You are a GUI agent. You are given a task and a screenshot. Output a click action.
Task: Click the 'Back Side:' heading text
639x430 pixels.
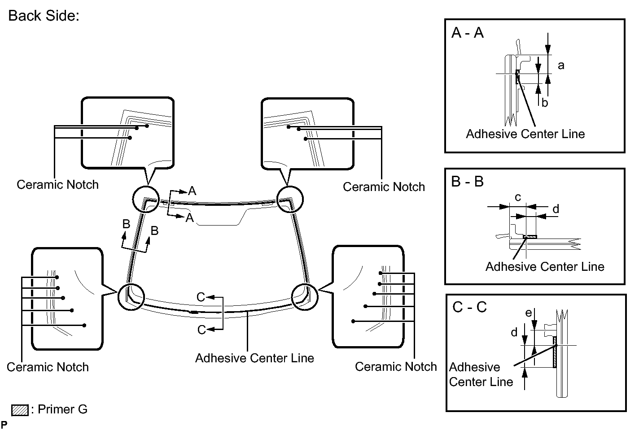[x=44, y=16]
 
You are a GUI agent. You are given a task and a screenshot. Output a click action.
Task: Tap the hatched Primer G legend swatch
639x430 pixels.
[x=20, y=410]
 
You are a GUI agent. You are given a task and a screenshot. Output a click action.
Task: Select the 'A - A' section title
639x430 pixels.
[x=468, y=33]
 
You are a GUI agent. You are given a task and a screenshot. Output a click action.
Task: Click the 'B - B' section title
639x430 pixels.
[x=467, y=182]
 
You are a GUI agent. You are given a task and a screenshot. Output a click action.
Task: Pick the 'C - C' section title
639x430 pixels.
[x=470, y=307]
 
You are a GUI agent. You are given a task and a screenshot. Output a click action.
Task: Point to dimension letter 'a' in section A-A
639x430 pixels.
[x=561, y=65]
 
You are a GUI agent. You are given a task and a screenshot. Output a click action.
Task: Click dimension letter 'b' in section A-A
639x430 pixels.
[x=545, y=103]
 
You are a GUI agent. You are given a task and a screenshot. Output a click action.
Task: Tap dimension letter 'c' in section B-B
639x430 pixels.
[x=517, y=197]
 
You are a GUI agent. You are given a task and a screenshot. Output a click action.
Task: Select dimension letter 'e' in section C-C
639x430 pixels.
[x=529, y=313]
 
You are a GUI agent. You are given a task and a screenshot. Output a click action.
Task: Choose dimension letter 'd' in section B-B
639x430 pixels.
[x=556, y=209]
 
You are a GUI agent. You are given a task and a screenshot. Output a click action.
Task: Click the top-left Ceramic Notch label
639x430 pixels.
[x=57, y=185]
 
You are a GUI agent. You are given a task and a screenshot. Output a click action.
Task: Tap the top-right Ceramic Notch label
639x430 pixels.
[x=384, y=187]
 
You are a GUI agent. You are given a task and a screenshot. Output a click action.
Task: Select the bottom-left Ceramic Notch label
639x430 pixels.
[x=48, y=367]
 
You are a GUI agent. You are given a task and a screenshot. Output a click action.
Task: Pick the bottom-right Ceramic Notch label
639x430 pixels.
[x=396, y=367]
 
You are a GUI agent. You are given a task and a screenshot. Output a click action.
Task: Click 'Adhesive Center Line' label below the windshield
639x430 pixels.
[x=254, y=358]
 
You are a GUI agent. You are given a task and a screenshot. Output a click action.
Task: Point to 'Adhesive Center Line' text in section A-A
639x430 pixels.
[x=525, y=134]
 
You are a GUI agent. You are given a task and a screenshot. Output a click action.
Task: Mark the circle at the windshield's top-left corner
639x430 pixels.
[x=146, y=199]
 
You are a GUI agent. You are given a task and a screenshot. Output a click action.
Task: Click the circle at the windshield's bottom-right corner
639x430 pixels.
[x=305, y=296]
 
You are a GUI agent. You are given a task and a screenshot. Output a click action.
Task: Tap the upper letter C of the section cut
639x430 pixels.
[x=201, y=297]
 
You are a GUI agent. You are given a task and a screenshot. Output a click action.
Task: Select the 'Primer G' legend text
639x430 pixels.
[x=62, y=409]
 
